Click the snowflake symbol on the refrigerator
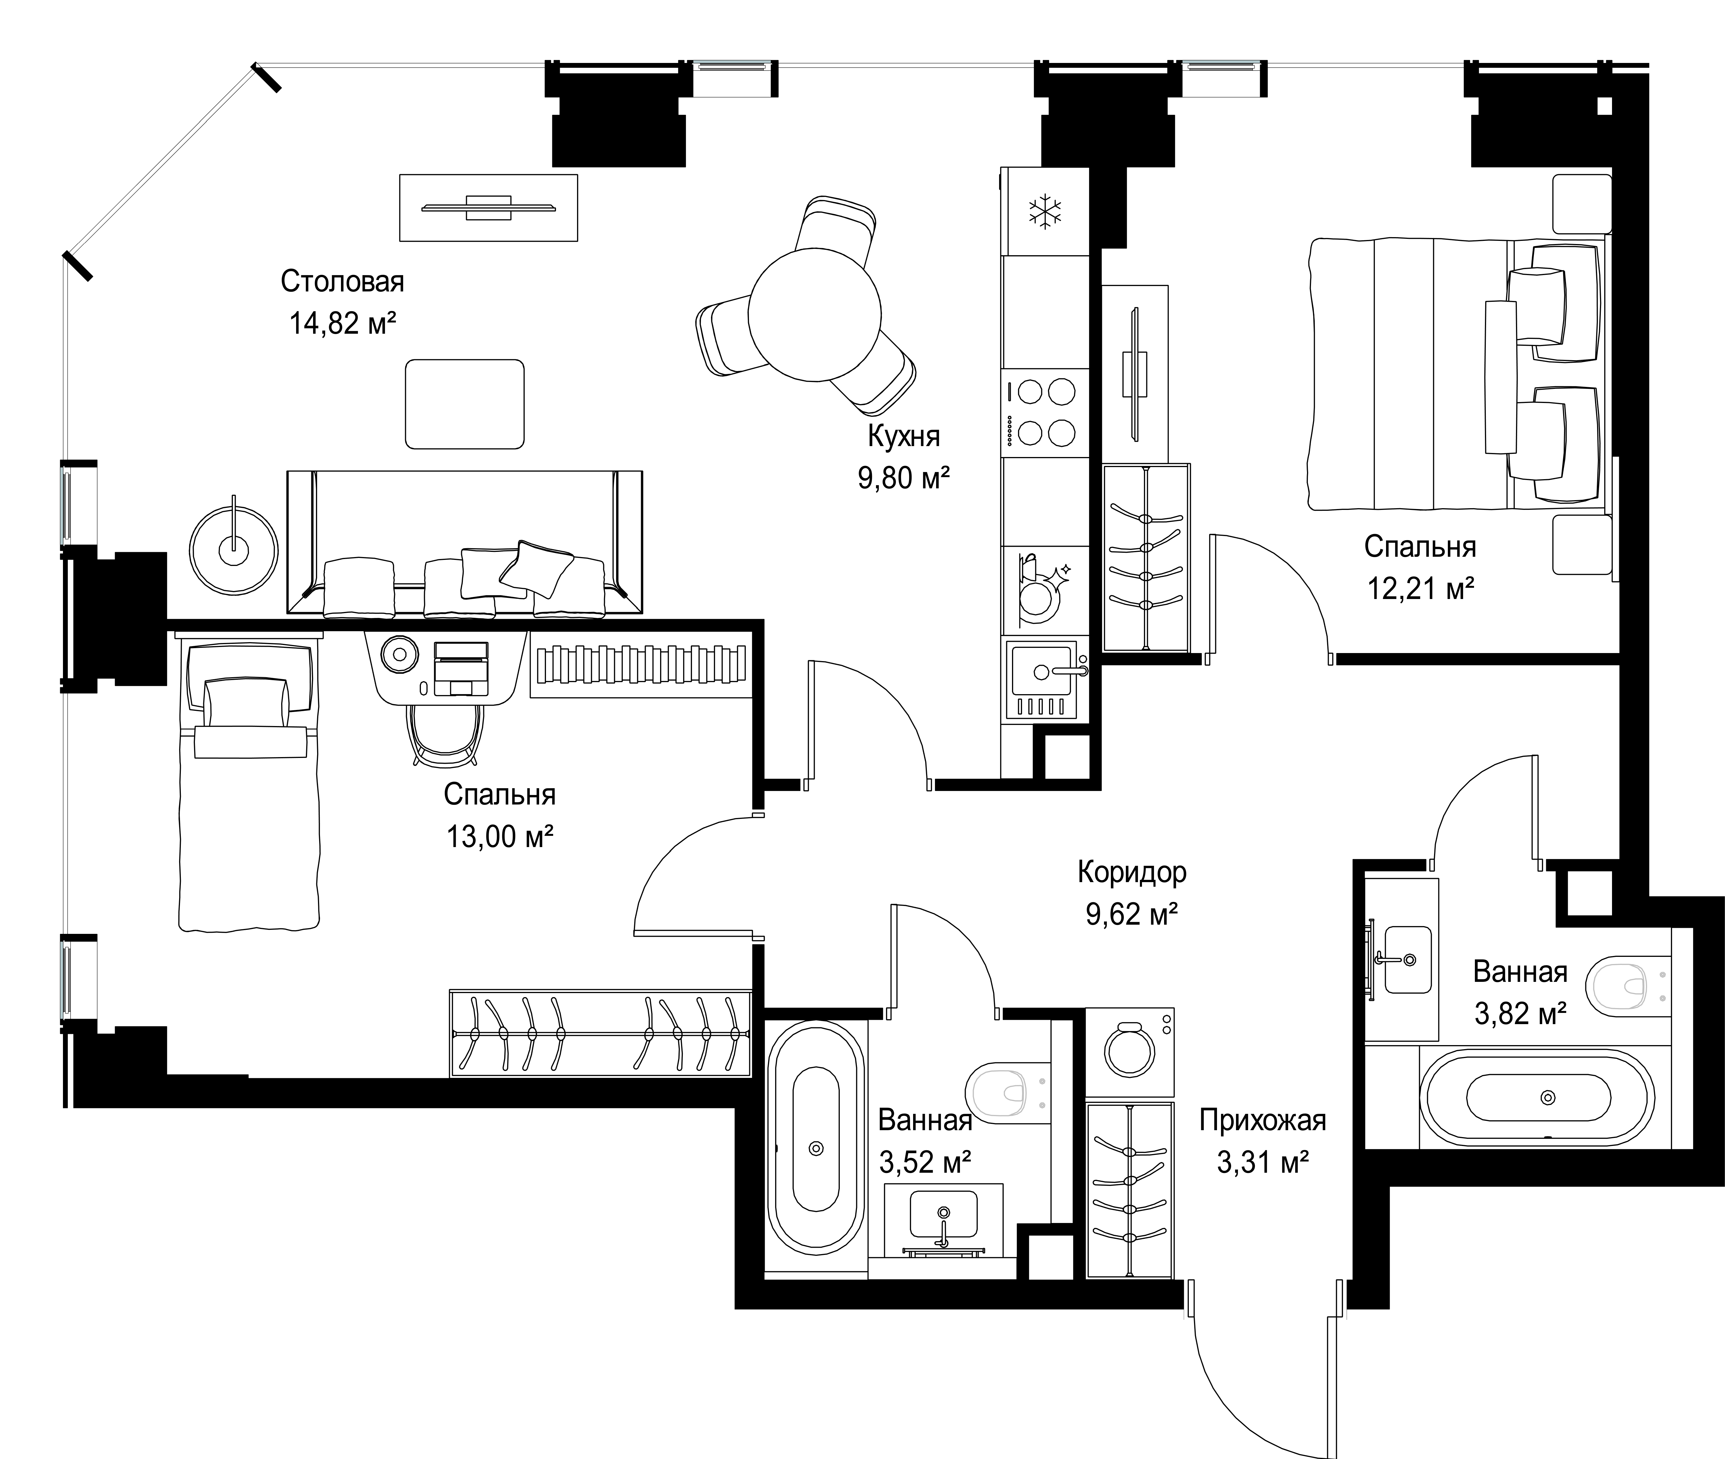tap(1045, 213)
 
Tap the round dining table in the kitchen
tap(815, 314)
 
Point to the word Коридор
tap(1132, 872)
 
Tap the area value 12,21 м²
tap(1421, 589)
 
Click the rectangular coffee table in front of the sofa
tap(464, 404)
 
